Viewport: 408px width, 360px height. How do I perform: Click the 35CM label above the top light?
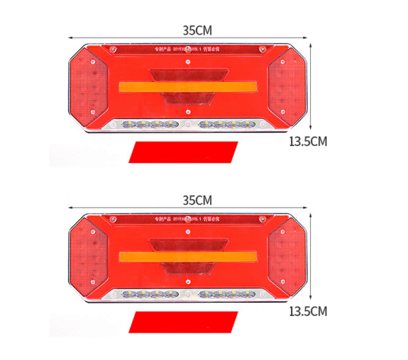tap(197, 30)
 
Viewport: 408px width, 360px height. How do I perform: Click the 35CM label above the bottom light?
tap(197, 200)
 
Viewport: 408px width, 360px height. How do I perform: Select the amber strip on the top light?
tap(188, 87)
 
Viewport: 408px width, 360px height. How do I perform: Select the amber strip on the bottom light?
tap(188, 257)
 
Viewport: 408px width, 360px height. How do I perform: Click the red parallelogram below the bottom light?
tap(184, 321)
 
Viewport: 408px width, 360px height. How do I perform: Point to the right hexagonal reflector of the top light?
tap(286, 87)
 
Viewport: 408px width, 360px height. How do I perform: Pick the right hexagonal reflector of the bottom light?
tap(286, 257)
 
